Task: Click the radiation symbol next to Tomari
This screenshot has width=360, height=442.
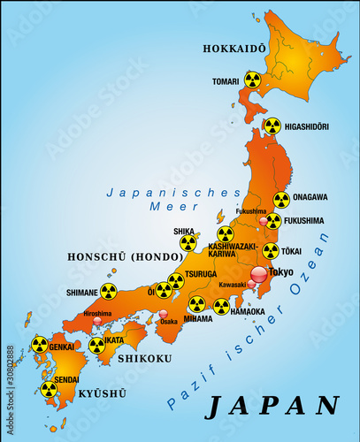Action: pyautogui.click(x=252, y=80)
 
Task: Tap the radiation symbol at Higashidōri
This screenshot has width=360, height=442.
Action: pyautogui.click(x=272, y=126)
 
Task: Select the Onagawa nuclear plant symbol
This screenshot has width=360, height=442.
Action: pyautogui.click(x=281, y=201)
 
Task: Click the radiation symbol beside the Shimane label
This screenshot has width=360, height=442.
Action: pyautogui.click(x=108, y=291)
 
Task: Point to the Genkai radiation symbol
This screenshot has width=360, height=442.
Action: pyautogui.click(x=40, y=345)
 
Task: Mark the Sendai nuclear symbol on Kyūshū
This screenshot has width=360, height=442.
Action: pyautogui.click(x=49, y=389)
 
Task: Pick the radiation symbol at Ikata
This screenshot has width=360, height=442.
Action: pyautogui.click(x=97, y=345)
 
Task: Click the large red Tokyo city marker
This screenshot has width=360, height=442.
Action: pyautogui.click(x=258, y=275)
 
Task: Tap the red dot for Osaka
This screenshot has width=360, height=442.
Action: pyautogui.click(x=164, y=313)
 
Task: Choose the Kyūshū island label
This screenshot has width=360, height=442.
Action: pyautogui.click(x=96, y=392)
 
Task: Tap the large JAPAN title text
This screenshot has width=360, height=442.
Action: pyautogui.click(x=272, y=405)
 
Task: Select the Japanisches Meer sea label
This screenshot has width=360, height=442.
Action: pyautogui.click(x=173, y=199)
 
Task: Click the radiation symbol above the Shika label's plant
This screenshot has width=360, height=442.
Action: pyautogui.click(x=188, y=242)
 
